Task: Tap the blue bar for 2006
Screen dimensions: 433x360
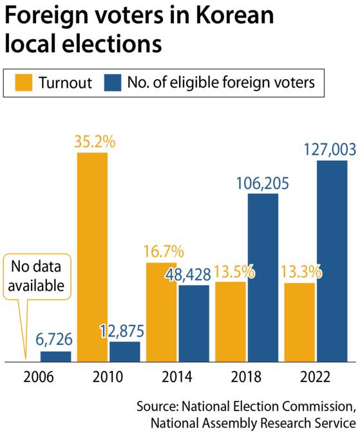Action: pyautogui.click(x=56, y=356)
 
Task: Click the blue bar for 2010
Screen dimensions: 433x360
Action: pyautogui.click(x=124, y=351)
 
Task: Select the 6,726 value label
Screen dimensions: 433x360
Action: pyautogui.click(x=56, y=339)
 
